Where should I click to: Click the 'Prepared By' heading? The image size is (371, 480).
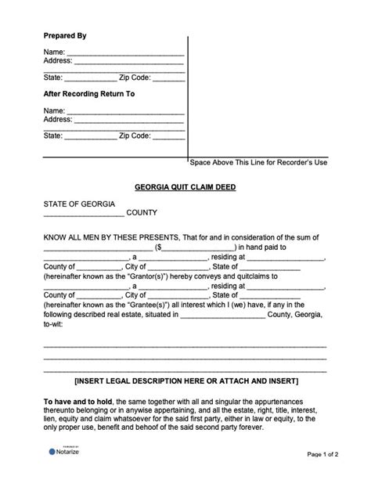64,36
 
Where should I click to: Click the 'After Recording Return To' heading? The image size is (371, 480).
89,94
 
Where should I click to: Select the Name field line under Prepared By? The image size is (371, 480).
125,53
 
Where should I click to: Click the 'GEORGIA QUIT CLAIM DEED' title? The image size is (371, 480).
185,187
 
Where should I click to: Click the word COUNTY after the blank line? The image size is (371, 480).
142,213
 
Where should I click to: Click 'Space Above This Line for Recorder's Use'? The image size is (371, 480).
258,163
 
